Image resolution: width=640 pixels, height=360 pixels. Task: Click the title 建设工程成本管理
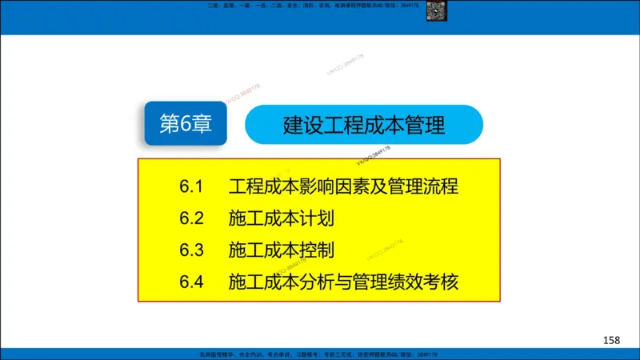pyautogui.click(x=364, y=126)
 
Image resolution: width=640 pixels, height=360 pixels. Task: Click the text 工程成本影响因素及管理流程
pyautogui.click(x=343, y=188)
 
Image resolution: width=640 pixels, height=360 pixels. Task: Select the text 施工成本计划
pyautogui.click(x=281, y=219)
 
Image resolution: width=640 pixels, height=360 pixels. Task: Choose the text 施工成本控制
pyautogui.click(x=281, y=250)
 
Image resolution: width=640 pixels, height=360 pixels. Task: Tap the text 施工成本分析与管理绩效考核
pyautogui.click(x=343, y=282)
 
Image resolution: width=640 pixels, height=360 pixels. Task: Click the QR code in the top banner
pyautogui.click(x=456, y=10)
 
